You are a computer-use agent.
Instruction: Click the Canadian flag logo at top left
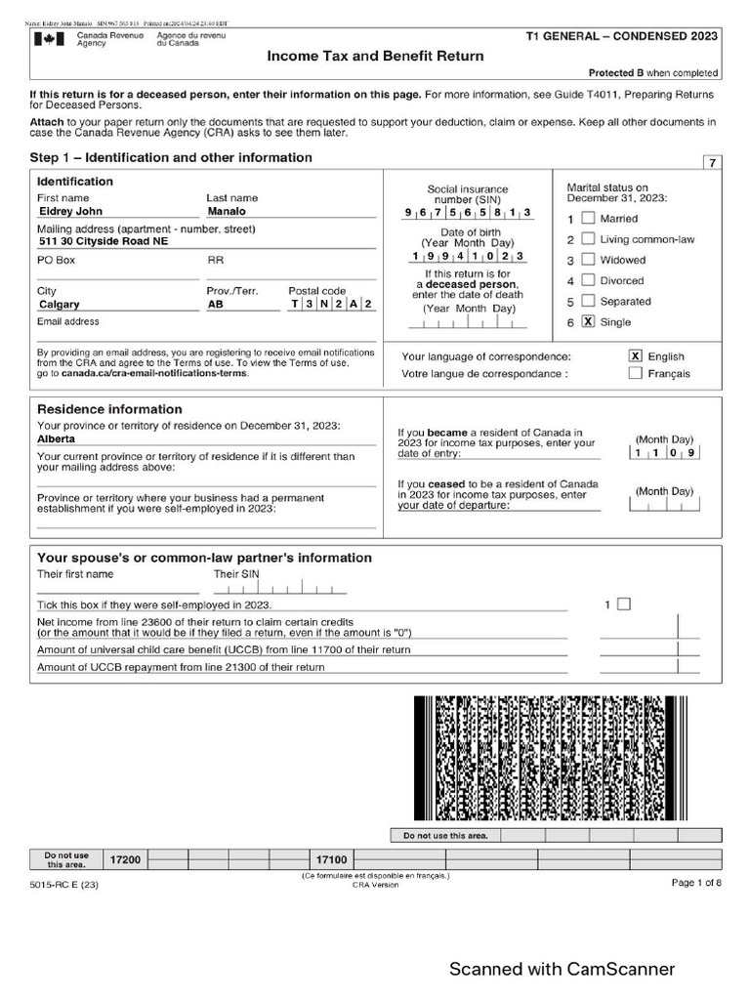(x=46, y=39)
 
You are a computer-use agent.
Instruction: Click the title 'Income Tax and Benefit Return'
(x=376, y=56)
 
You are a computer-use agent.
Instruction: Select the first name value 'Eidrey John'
(x=70, y=211)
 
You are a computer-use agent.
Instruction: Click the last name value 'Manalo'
(x=228, y=211)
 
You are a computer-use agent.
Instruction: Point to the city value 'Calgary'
(x=59, y=305)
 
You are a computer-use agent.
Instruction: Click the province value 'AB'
(x=216, y=305)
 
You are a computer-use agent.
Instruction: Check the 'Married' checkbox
(x=588, y=218)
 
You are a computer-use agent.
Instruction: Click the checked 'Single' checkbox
(x=588, y=321)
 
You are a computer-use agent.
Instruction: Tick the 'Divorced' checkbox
(x=588, y=280)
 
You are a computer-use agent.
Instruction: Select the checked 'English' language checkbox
(x=636, y=356)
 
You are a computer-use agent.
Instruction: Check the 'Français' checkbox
(x=636, y=373)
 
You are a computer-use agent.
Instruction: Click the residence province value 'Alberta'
(x=57, y=439)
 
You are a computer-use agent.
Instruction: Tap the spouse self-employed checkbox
(x=624, y=604)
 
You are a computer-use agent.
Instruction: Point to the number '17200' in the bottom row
(x=125, y=859)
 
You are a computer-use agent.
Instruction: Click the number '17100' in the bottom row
(x=331, y=859)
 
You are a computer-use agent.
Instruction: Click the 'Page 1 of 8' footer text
(x=696, y=883)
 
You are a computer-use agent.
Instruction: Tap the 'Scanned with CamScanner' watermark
(x=562, y=969)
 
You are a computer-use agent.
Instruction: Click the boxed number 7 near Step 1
(x=712, y=163)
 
